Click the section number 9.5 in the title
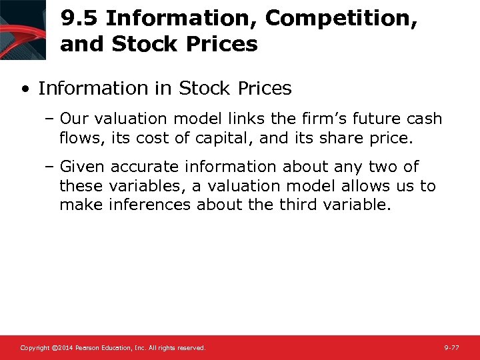(x=79, y=19)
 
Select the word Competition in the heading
(x=341, y=19)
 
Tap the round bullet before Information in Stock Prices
(x=25, y=89)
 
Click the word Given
(x=82, y=167)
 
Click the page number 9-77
(x=451, y=348)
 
